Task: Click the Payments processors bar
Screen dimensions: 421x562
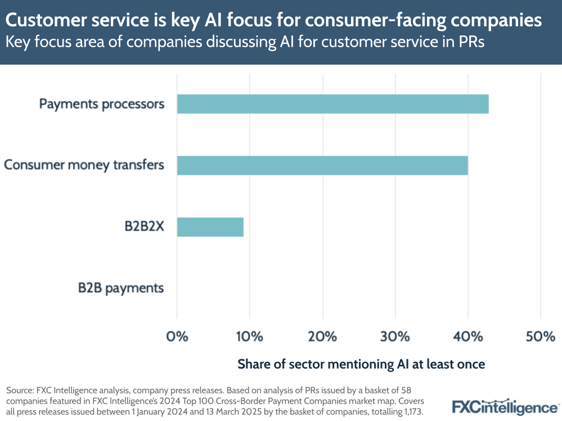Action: coord(332,104)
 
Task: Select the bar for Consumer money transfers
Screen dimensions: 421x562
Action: coord(322,165)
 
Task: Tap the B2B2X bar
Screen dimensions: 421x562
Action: coord(210,227)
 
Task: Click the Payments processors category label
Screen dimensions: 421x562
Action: coord(102,104)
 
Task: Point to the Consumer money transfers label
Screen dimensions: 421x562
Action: coord(84,165)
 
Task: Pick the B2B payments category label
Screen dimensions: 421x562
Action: coord(121,288)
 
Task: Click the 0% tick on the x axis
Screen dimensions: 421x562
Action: coord(177,337)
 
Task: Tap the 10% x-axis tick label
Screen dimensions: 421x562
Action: coord(249,337)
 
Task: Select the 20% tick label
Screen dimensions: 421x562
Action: coord(322,337)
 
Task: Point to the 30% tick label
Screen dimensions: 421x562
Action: coord(395,337)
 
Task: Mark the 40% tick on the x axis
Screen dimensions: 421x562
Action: coord(467,337)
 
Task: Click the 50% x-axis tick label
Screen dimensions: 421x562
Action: coord(540,337)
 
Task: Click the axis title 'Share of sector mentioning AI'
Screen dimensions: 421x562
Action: coord(361,364)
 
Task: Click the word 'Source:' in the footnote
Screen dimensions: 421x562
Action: coord(18,390)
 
